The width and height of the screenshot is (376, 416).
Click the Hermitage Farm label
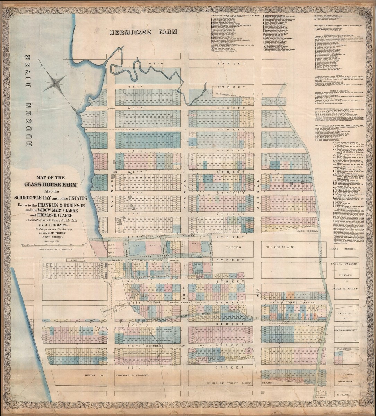click(143, 32)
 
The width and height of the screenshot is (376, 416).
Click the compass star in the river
click(55, 83)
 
